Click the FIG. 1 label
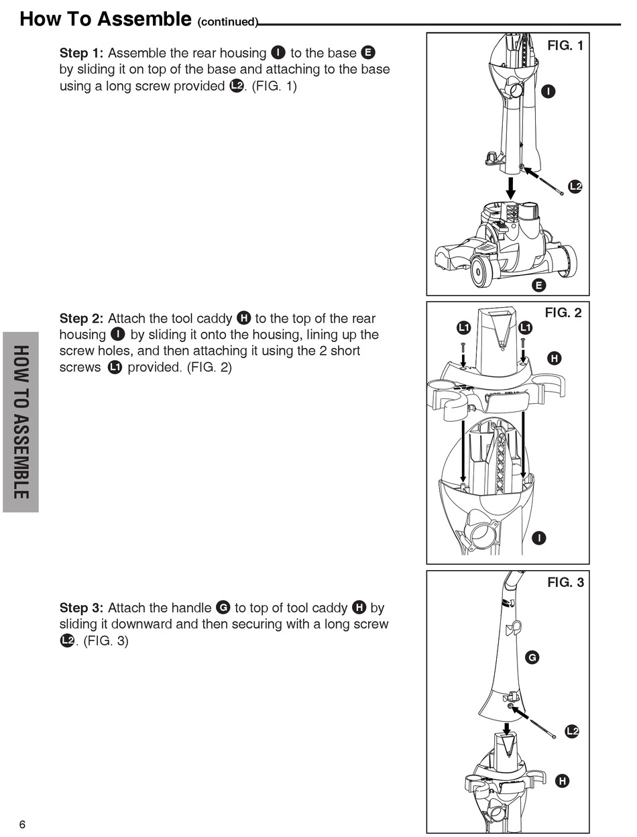(x=565, y=46)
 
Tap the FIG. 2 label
(x=564, y=313)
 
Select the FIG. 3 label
(x=565, y=582)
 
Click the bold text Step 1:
(x=82, y=53)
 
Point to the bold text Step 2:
(x=82, y=319)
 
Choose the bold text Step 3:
(x=82, y=608)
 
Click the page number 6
(x=22, y=824)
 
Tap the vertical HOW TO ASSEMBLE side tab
(x=20, y=422)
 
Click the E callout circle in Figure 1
(x=538, y=286)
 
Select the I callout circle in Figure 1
(x=548, y=91)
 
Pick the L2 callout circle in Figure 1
(x=575, y=186)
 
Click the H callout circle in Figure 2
(x=555, y=358)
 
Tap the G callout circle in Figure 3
(x=532, y=658)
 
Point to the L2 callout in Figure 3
(x=571, y=731)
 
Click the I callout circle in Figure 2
(x=538, y=537)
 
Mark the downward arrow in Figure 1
(x=511, y=188)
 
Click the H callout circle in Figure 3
(x=562, y=781)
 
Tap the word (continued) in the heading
(x=227, y=22)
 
